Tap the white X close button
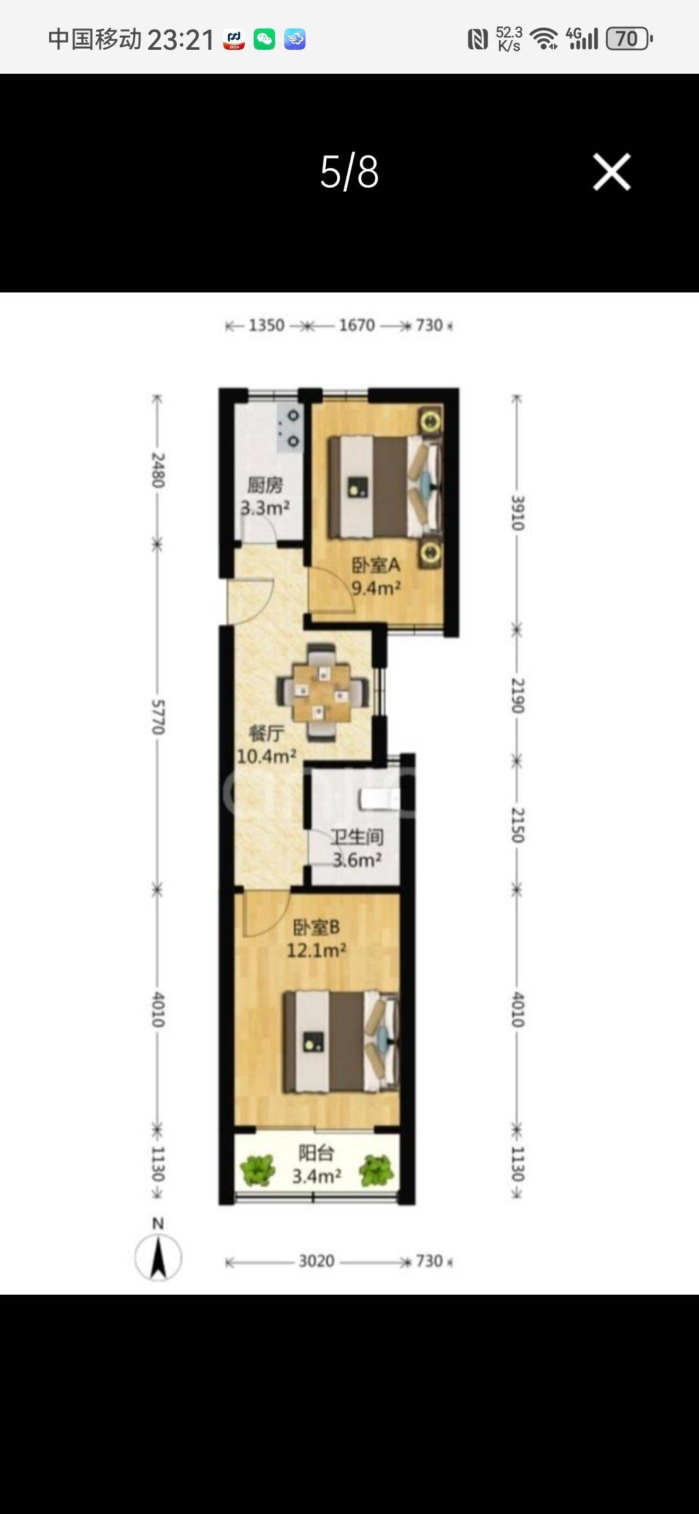pos(612,172)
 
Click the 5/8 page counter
pos(349,172)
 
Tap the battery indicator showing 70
pos(628,39)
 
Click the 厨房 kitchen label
pos(265,485)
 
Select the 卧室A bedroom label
pos(376,565)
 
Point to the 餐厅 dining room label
pos(267,733)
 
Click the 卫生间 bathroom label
pos(357,837)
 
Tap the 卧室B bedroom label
pos(316,927)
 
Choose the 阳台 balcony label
pos(316,1152)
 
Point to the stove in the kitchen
pos(289,428)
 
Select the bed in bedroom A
pos(384,487)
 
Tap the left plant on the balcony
pos(258,1170)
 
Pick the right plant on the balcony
pos(376,1170)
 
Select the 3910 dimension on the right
pos(518,512)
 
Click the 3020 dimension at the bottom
pos(316,1261)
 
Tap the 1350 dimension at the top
pos(267,325)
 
